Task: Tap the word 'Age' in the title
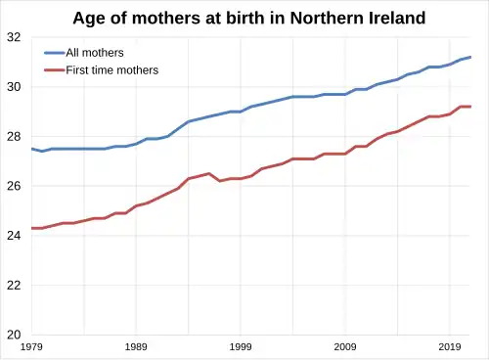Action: coord(92,18)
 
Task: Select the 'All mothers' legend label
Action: coord(95,52)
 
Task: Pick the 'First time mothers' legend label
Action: coord(111,69)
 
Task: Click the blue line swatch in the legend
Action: coord(54,52)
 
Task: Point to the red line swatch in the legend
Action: coord(54,69)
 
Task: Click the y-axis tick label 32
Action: coord(13,37)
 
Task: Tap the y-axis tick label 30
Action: coord(13,87)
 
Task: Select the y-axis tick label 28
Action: coord(13,136)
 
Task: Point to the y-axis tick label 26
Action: coord(13,186)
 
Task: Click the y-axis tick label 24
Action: coord(13,236)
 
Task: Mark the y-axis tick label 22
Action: coord(13,285)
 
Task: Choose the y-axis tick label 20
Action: coord(13,335)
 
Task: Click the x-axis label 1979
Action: coord(31,347)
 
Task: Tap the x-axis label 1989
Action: coord(136,347)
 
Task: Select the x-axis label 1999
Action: coord(241,347)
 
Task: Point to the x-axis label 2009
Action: coord(345,347)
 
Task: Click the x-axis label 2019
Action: coord(450,347)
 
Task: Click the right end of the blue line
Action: coord(470,57)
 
